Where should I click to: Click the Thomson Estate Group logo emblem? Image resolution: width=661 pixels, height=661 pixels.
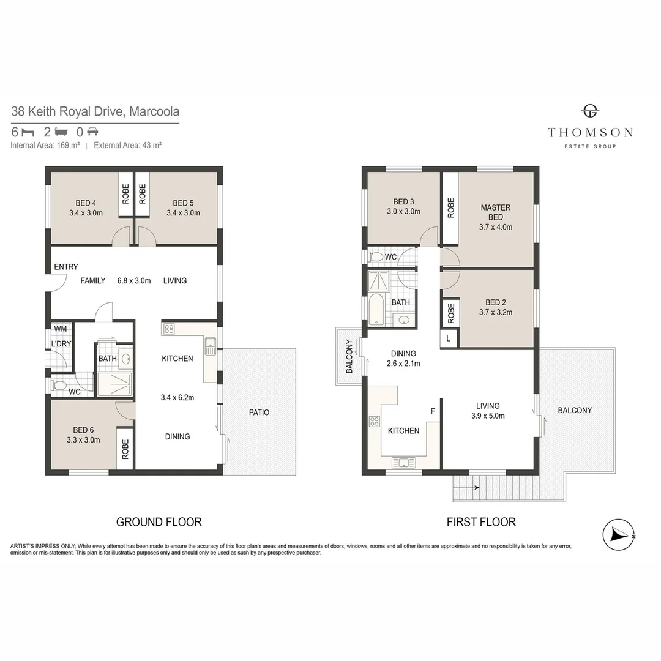click(x=590, y=111)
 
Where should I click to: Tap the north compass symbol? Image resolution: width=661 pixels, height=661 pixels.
click(x=619, y=534)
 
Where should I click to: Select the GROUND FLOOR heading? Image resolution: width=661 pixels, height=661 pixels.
click(x=159, y=522)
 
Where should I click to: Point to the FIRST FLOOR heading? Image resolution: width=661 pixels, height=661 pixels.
click(x=481, y=522)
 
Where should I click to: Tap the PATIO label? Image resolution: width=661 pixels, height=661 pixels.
click(x=259, y=412)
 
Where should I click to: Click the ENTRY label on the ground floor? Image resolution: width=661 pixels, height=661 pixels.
click(x=65, y=267)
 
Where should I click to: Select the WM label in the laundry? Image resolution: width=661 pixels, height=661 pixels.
click(x=60, y=329)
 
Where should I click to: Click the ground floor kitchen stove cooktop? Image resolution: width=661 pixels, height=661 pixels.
click(x=169, y=329)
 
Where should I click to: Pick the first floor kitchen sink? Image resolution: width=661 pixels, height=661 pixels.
click(x=404, y=462)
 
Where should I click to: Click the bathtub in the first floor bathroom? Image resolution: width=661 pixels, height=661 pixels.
click(x=375, y=309)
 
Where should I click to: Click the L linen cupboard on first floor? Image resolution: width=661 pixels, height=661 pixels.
click(x=449, y=338)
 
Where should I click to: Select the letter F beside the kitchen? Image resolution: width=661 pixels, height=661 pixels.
click(x=433, y=411)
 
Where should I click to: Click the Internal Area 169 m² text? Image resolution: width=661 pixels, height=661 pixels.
click(x=45, y=146)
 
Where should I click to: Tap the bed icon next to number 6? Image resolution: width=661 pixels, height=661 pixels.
click(x=26, y=132)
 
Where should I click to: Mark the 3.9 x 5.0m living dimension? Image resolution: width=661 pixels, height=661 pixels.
click(x=488, y=416)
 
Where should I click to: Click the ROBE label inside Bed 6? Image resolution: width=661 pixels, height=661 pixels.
click(x=125, y=450)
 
